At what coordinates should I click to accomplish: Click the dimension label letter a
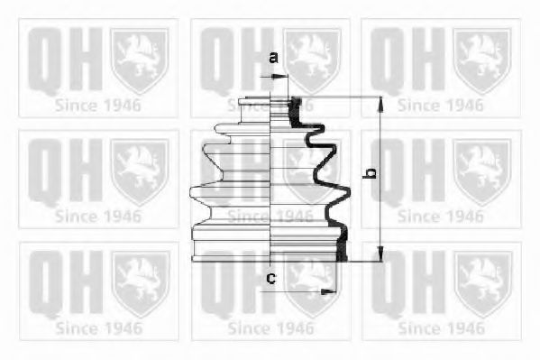click(273, 58)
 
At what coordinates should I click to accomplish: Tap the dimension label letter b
click(370, 173)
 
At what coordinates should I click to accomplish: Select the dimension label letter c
click(271, 278)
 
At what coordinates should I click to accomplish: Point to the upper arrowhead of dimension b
click(380, 104)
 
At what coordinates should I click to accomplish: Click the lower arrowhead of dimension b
click(380, 254)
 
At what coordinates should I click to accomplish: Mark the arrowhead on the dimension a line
click(280, 77)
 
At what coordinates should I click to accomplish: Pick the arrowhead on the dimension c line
click(328, 292)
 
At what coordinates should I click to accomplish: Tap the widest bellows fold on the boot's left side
click(206, 198)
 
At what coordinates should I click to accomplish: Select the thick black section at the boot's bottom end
click(342, 245)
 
